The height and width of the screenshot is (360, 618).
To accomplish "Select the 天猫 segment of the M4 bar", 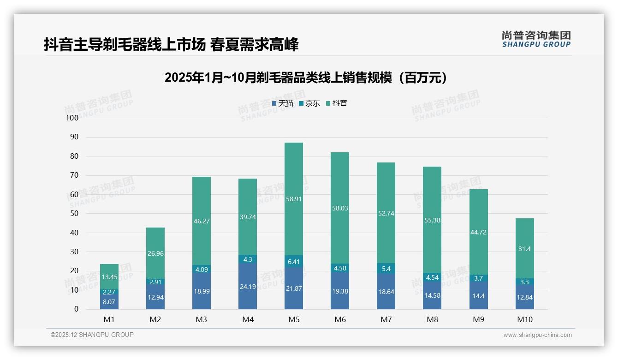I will point(248,286).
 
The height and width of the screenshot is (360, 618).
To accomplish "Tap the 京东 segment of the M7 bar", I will point(386,269).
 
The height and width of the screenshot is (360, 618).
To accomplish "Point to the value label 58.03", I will point(340,208).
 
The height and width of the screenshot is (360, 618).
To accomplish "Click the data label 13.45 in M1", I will point(109,277).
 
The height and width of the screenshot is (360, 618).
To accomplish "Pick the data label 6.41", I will point(294,262).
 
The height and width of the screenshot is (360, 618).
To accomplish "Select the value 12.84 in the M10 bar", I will point(524,297).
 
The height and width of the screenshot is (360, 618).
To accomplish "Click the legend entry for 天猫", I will point(283,103).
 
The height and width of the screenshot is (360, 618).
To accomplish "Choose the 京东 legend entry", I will point(309,103).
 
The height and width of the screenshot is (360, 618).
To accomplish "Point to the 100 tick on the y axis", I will point(72,118).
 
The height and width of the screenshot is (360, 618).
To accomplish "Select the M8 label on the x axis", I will point(432,319).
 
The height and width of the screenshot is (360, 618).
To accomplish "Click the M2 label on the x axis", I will point(155,319).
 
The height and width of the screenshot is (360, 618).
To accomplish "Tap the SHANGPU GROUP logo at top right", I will point(536,39).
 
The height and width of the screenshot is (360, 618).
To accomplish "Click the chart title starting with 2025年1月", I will point(306,78).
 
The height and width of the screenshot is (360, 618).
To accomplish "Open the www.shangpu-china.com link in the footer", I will point(537,335).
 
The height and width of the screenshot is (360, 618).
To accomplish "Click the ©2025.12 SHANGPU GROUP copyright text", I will point(92,335).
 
